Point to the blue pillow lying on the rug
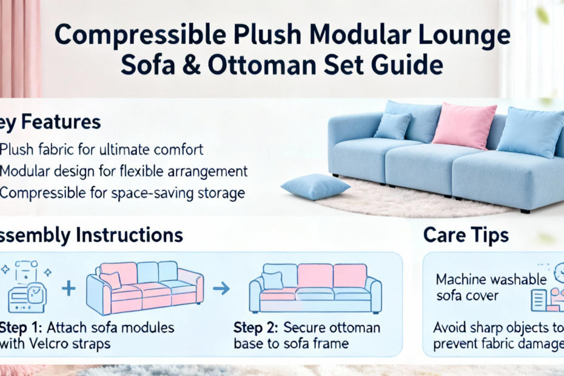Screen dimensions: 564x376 (315, 187)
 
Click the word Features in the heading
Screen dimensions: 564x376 (61, 123)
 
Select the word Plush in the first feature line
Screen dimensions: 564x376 (16, 149)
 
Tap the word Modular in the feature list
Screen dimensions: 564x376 (24, 171)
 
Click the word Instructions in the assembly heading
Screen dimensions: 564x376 (130, 235)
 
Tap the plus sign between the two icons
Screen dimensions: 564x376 (69, 288)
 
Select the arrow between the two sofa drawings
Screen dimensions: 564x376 (221, 288)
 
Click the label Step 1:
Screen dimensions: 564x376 (21, 328)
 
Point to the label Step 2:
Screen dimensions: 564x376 (256, 328)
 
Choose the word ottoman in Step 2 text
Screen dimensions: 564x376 (354, 327)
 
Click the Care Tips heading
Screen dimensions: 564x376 (466, 236)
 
